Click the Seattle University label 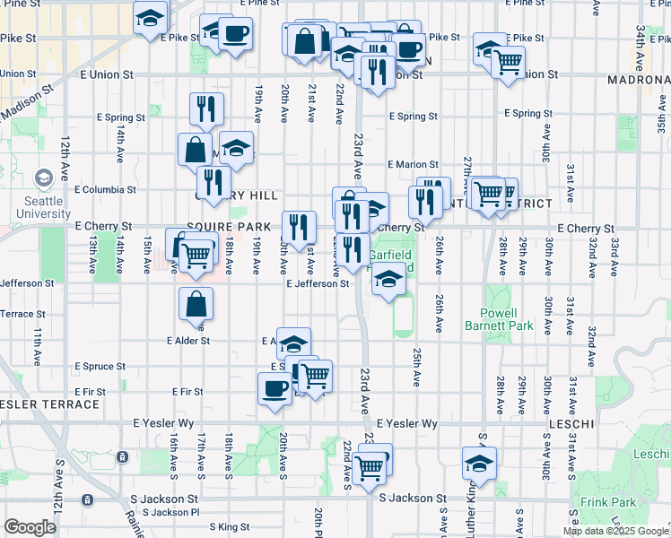[x=42, y=207]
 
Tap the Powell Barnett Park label [x=499, y=319]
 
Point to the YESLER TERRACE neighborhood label [x=50, y=404]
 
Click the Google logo [x=30, y=527]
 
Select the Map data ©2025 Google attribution [x=615, y=531]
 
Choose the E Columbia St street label [x=105, y=190]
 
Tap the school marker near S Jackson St [x=479, y=464]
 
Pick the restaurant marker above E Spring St [x=206, y=108]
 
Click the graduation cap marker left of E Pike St [x=150, y=16]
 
